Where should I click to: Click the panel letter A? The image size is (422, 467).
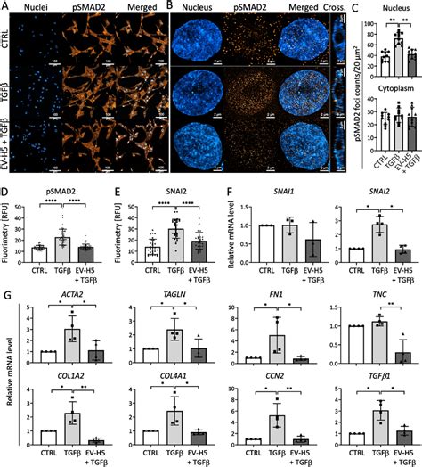point(5,6)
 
